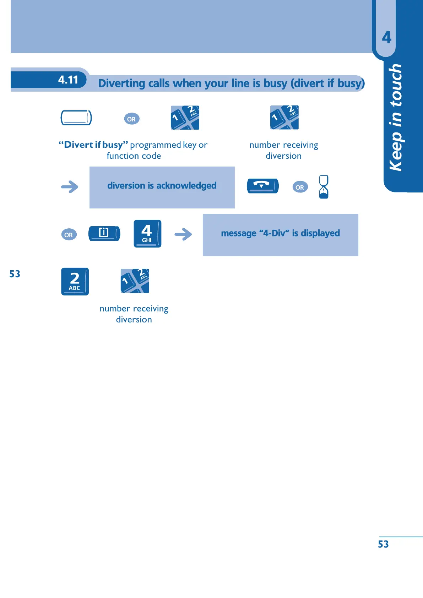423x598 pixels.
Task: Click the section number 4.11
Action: tap(68, 80)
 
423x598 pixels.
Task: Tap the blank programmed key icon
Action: tap(76, 118)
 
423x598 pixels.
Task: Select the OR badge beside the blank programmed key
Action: tap(131, 119)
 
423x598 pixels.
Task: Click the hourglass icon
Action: tap(324, 187)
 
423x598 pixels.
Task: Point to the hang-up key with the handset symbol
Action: tap(262, 186)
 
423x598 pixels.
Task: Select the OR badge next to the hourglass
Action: tap(300, 187)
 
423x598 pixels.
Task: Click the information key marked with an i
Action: tap(104, 233)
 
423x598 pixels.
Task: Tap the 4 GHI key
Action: tap(147, 233)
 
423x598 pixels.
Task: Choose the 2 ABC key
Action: tap(75, 281)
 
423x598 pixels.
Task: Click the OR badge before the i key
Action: tap(69, 235)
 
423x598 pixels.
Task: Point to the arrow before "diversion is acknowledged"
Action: tap(70, 187)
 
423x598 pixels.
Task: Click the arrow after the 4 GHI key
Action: tap(183, 234)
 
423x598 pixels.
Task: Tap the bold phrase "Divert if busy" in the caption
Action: tap(93, 145)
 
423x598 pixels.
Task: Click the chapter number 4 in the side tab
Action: tap(386, 37)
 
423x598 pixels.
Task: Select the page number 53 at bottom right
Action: tap(383, 544)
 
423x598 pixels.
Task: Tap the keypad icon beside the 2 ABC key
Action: tap(135, 281)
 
